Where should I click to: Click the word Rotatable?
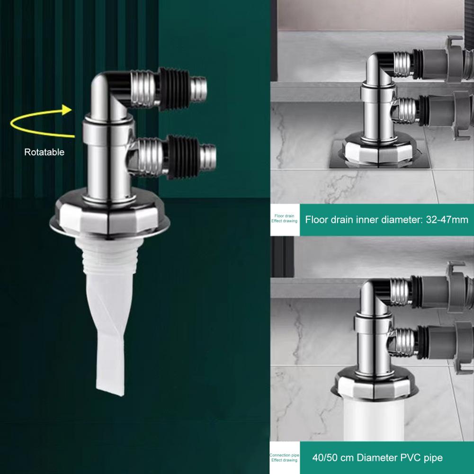pyautogui.click(x=44, y=152)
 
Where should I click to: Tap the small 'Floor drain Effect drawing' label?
pyautogui.click(x=284, y=219)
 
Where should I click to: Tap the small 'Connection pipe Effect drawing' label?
pyautogui.click(x=284, y=458)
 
